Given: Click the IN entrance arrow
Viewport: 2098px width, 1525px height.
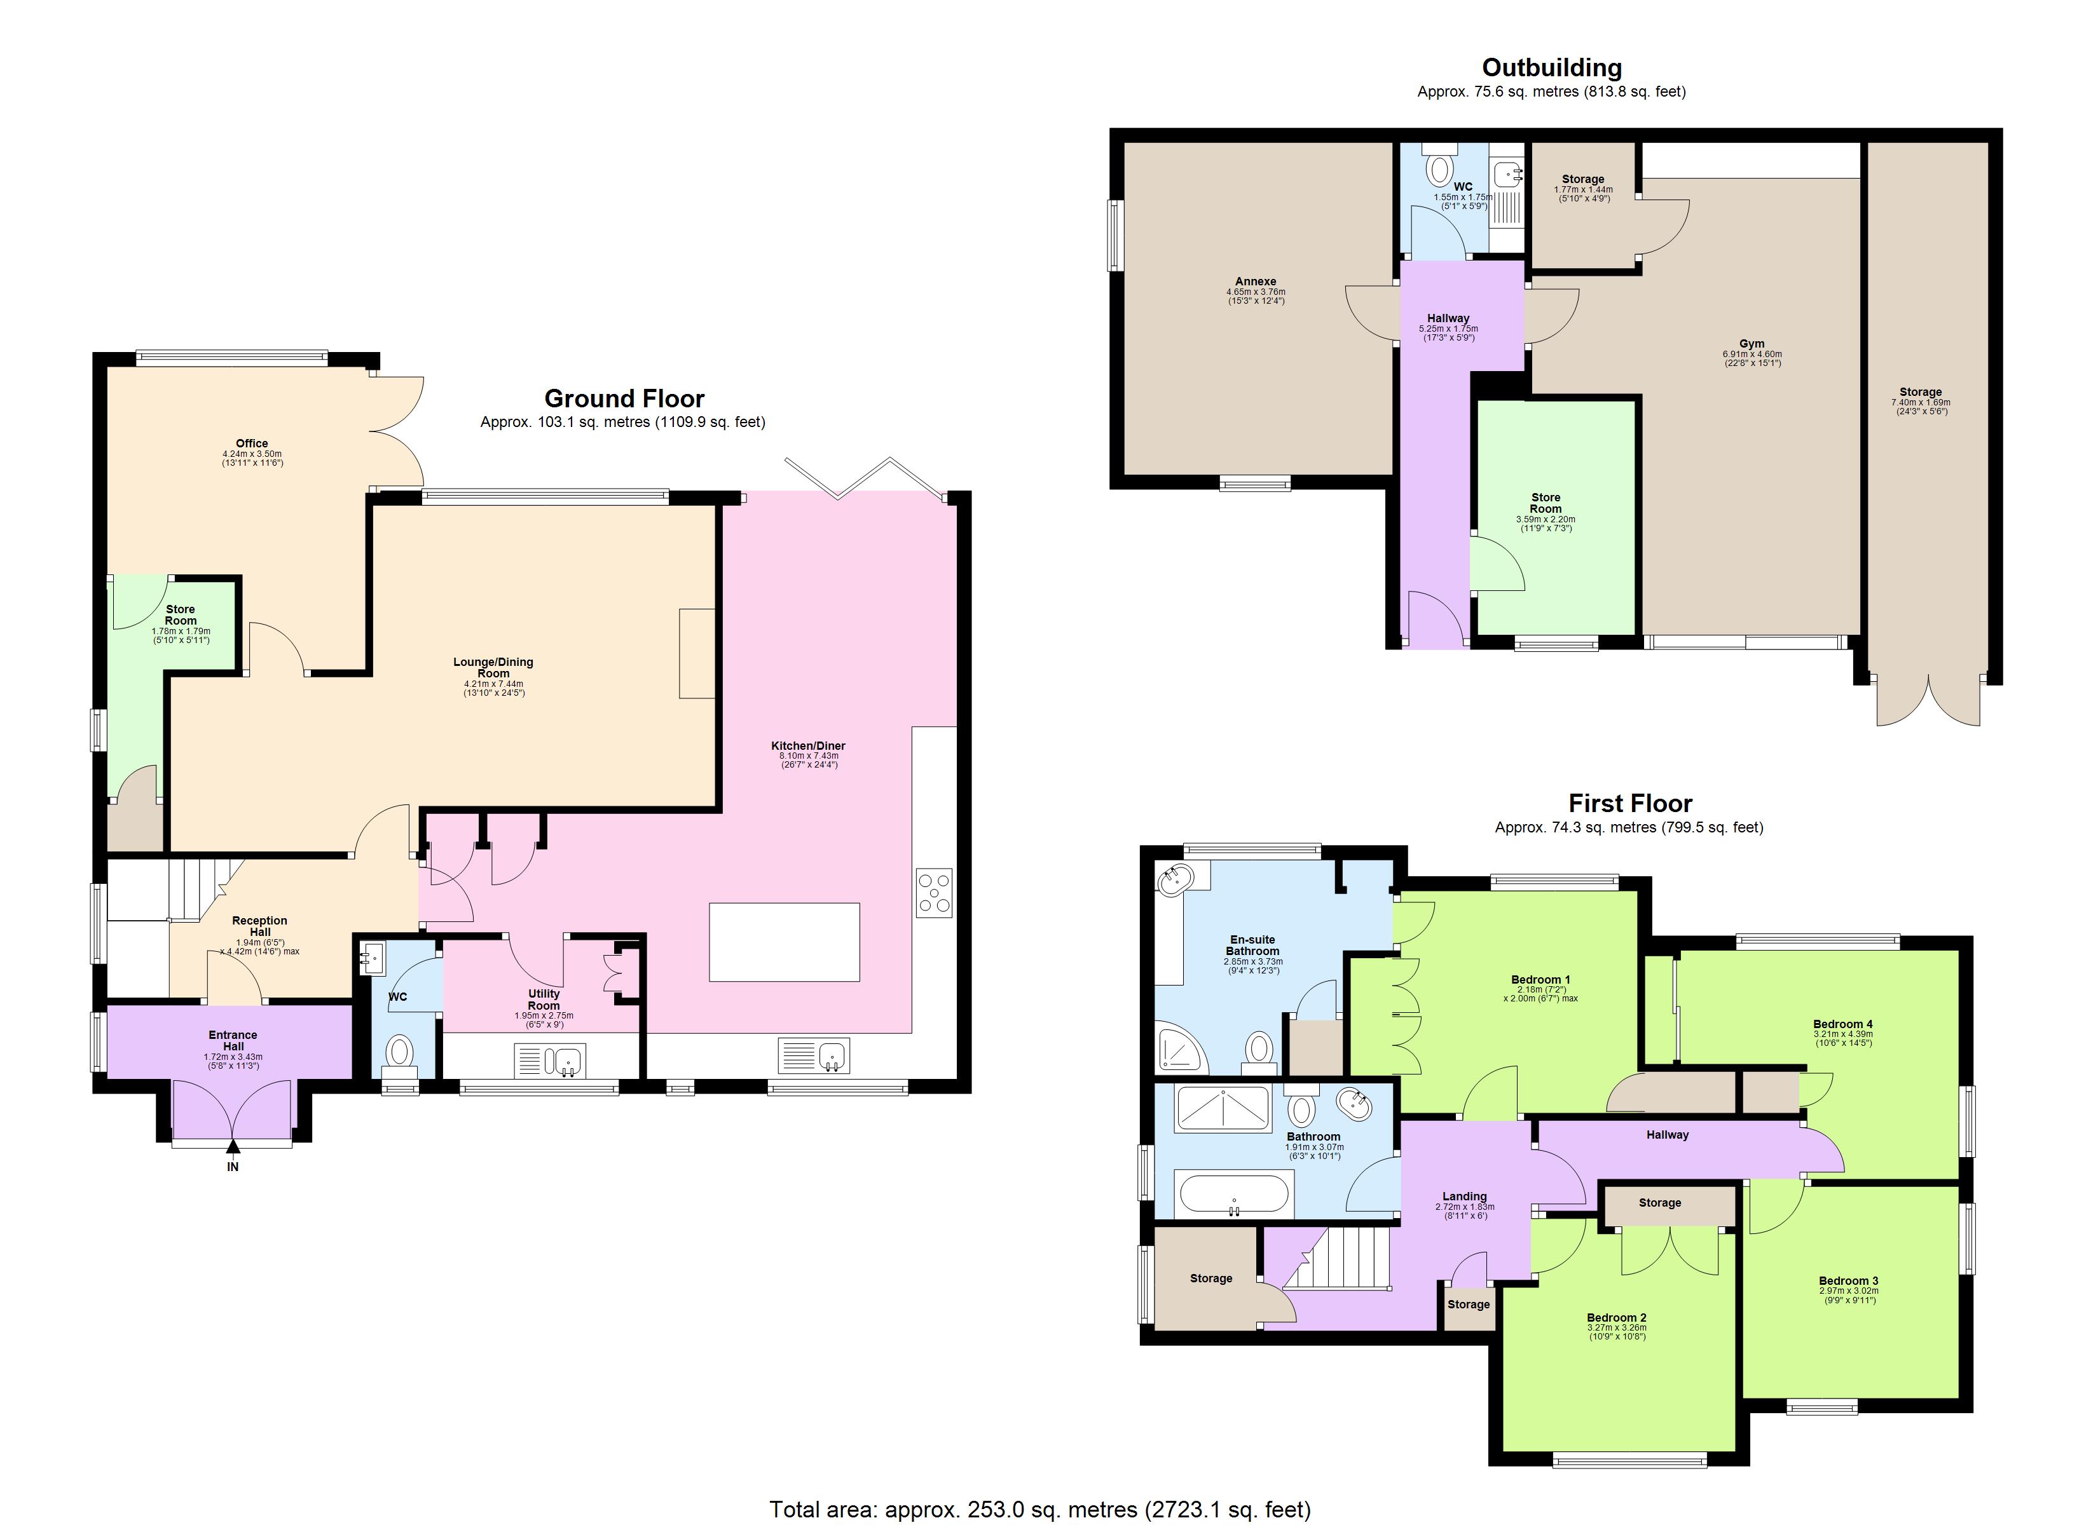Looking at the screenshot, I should [x=233, y=1149].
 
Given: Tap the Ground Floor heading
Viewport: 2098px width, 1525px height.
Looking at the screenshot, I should [x=624, y=398].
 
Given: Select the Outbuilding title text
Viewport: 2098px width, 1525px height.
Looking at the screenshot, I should [x=1551, y=67].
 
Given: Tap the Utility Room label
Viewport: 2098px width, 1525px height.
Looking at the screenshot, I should [x=544, y=1000].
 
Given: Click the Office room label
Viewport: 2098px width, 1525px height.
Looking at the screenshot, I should [x=252, y=443].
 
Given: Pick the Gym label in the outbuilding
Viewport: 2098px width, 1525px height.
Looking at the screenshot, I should [x=1751, y=343].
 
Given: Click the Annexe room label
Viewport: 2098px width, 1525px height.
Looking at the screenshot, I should [x=1255, y=281].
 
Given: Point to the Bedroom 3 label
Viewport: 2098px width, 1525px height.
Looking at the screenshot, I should [x=1848, y=1281].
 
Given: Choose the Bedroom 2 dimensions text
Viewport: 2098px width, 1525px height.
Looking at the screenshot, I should [x=1616, y=1332].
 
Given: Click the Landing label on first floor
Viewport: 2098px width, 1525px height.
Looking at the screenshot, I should [x=1464, y=1196].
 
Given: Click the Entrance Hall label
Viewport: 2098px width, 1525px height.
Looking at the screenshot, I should [x=233, y=1040].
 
